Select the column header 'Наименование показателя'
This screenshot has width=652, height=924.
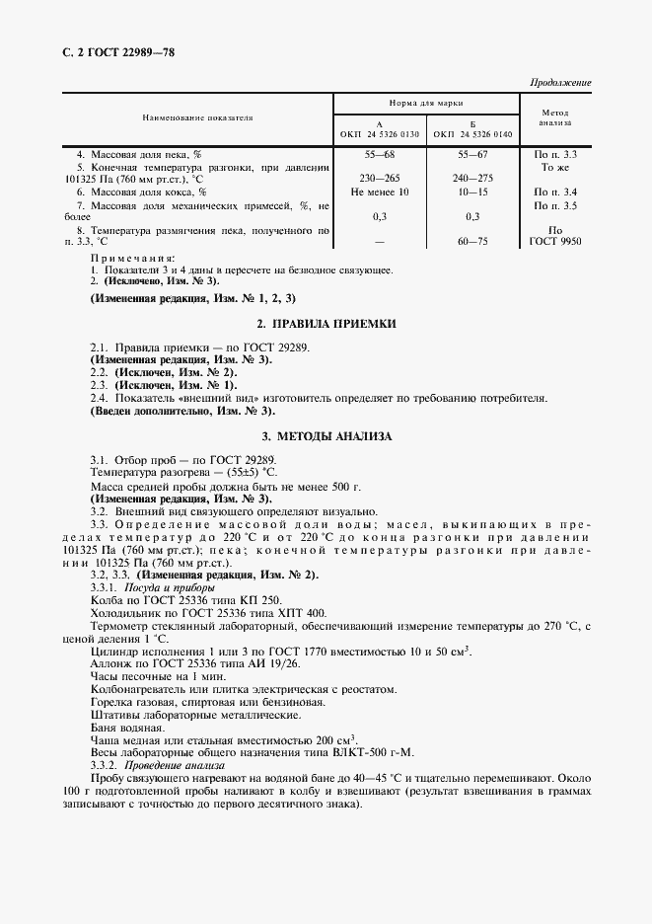[197, 117]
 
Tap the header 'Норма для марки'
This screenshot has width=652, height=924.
[426, 103]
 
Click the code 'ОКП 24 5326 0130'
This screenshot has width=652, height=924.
[380, 133]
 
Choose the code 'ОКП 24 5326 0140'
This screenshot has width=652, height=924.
[472, 133]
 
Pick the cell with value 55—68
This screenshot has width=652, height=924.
[380, 155]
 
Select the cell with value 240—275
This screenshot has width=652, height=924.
[472, 179]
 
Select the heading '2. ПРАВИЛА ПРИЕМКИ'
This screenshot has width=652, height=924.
[326, 323]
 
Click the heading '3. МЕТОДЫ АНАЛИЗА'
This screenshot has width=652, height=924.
[326, 435]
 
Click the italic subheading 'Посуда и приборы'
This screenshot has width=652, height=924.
[168, 586]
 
